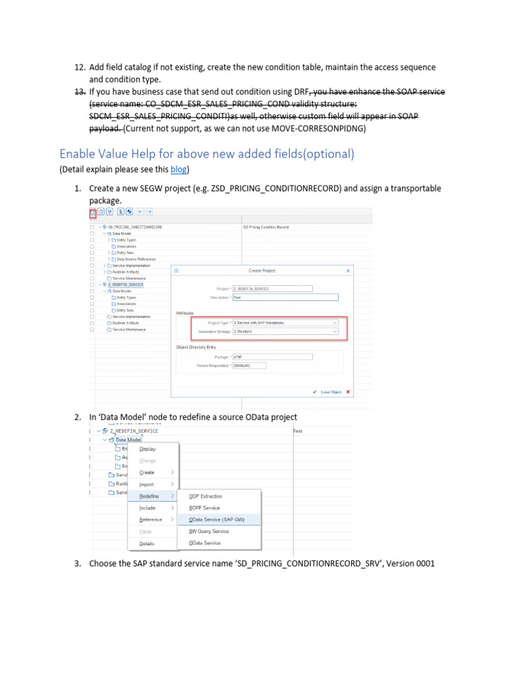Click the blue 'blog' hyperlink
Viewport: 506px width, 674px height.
click(179, 170)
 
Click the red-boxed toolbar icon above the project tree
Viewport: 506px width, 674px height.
click(92, 212)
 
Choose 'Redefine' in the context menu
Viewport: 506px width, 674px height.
click(149, 496)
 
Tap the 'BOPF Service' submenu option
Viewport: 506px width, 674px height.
click(204, 507)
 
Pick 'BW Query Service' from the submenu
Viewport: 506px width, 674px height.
click(209, 531)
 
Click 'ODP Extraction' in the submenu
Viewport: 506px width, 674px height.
click(206, 496)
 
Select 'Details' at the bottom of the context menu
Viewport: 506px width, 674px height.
click(147, 544)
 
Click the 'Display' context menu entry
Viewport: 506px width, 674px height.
click(148, 449)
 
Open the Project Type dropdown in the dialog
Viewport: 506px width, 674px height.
click(287, 323)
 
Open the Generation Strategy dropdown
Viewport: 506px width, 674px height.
click(287, 332)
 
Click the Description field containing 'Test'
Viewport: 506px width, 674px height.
click(285, 297)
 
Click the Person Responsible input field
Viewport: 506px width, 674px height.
click(249, 365)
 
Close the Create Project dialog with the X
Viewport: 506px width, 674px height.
click(348, 271)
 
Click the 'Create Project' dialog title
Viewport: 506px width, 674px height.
click(262, 271)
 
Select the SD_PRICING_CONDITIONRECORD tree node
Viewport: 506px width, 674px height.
click(135, 227)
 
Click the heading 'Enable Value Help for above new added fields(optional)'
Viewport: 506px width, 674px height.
click(207, 153)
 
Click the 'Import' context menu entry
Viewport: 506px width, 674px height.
click(146, 484)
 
